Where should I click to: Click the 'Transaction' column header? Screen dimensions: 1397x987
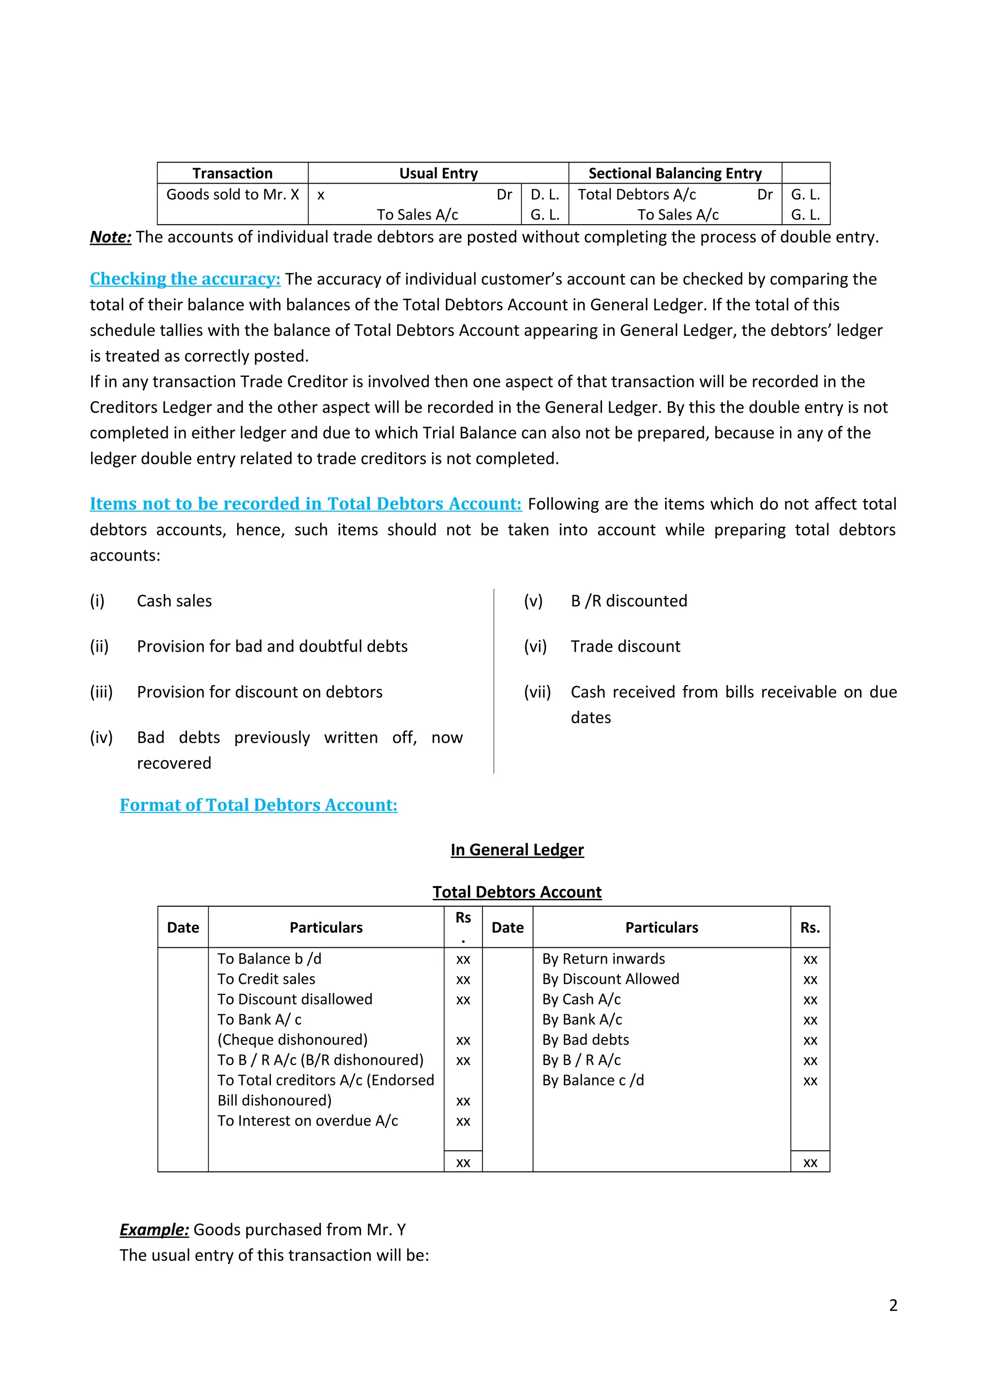(232, 174)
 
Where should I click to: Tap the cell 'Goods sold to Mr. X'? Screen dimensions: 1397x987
(232, 195)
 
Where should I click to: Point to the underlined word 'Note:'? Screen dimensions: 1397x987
(111, 237)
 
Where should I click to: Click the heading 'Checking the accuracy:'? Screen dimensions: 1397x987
(185, 279)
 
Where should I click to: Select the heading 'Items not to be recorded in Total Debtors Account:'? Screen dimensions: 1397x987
(305, 504)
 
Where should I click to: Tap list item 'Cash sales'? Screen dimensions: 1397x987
(174, 601)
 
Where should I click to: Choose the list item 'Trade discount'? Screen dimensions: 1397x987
(625, 647)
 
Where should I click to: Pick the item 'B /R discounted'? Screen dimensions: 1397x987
(629, 601)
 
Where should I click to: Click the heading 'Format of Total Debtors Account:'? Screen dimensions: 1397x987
(258, 805)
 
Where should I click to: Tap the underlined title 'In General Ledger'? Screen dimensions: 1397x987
(517, 850)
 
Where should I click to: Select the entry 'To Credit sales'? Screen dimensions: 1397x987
(267, 979)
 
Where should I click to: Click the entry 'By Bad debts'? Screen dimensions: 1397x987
(586, 1040)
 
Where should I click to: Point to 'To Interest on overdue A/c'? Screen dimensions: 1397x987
(308, 1121)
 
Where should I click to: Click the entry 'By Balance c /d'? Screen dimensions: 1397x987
(593, 1081)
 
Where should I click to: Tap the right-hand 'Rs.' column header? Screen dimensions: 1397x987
(810, 928)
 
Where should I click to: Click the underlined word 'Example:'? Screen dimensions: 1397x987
(155, 1230)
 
